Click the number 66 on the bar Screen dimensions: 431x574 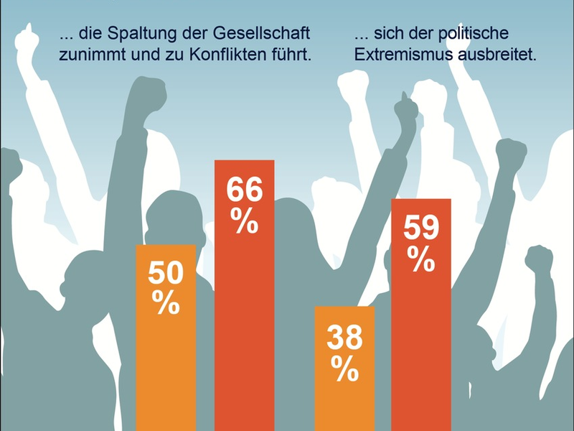click(244, 190)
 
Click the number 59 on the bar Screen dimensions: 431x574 click(420, 228)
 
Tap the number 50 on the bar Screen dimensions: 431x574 click(166, 275)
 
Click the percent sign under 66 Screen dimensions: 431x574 click(244, 223)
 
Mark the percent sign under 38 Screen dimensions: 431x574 click(344, 371)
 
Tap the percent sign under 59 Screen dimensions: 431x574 click(420, 259)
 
